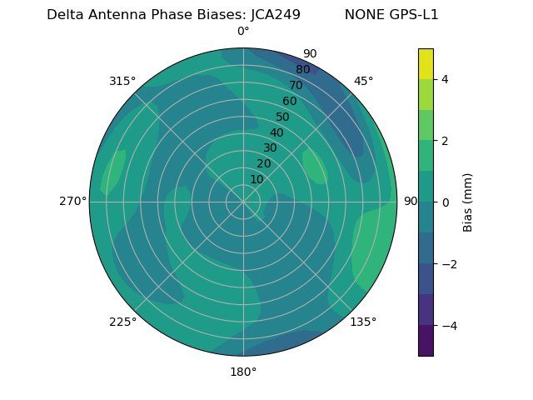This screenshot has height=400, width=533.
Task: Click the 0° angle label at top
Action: [x=243, y=32]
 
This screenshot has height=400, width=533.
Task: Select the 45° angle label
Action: [x=363, y=81]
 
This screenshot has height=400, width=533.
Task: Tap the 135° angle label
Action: [x=363, y=322]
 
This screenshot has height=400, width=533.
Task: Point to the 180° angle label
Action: [x=243, y=372]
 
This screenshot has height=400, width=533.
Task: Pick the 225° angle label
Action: [x=122, y=322]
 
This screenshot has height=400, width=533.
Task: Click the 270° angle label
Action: [x=72, y=201]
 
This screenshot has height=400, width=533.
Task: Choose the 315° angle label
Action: [x=122, y=81]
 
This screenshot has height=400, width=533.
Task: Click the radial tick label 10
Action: [x=257, y=179]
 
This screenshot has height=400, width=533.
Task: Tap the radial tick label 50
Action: [x=282, y=117]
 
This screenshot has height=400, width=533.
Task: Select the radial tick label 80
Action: [x=302, y=69]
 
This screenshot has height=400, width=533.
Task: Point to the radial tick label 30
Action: [x=270, y=148]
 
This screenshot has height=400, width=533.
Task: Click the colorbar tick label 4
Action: [x=445, y=79]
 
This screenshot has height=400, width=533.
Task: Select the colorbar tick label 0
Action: [x=445, y=202]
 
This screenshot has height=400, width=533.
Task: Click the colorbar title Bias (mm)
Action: [x=468, y=202]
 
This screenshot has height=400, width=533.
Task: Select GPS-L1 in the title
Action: [x=415, y=15]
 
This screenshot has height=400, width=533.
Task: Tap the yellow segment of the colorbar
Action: [x=426, y=63]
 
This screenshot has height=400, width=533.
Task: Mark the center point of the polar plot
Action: [x=243, y=201]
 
